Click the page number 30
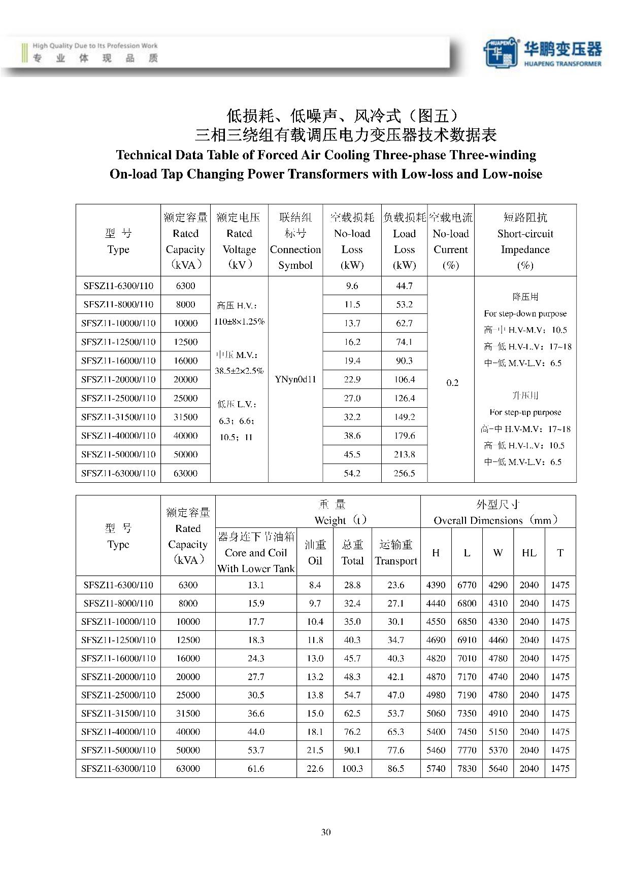(x=326, y=832)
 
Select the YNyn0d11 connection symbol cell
(x=295, y=379)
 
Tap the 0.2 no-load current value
(x=452, y=383)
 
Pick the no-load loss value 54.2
(x=352, y=473)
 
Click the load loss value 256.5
(x=404, y=473)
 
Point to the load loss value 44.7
(x=404, y=286)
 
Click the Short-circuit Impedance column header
(x=525, y=241)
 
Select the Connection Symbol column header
(x=295, y=241)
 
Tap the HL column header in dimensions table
(x=529, y=553)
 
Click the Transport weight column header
(x=396, y=553)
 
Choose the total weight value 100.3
(x=352, y=769)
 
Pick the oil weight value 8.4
(x=315, y=585)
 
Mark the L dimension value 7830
(x=467, y=769)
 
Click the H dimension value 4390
(x=436, y=585)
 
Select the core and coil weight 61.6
(x=256, y=769)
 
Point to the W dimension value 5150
(x=498, y=732)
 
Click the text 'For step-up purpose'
(x=525, y=412)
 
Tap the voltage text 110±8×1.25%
(x=239, y=322)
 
